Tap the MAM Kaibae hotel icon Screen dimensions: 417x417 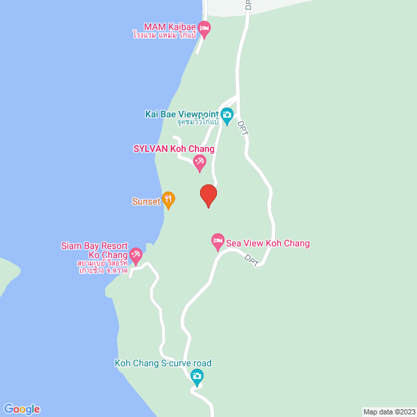(204, 27)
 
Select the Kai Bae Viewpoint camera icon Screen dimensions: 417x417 (227, 117)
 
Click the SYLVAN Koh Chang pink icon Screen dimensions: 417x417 (200, 163)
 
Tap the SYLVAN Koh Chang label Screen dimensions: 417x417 (173, 149)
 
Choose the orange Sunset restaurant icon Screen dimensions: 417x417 (168, 200)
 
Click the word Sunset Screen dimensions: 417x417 (146, 201)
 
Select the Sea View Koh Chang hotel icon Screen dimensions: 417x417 (218, 242)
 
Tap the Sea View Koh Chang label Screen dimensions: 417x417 (268, 244)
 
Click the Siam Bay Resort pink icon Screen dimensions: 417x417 (136, 255)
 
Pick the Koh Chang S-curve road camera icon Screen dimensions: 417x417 (197, 377)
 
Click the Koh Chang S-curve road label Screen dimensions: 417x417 (163, 364)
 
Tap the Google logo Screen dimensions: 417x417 (21, 409)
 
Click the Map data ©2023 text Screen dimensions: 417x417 (388, 412)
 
